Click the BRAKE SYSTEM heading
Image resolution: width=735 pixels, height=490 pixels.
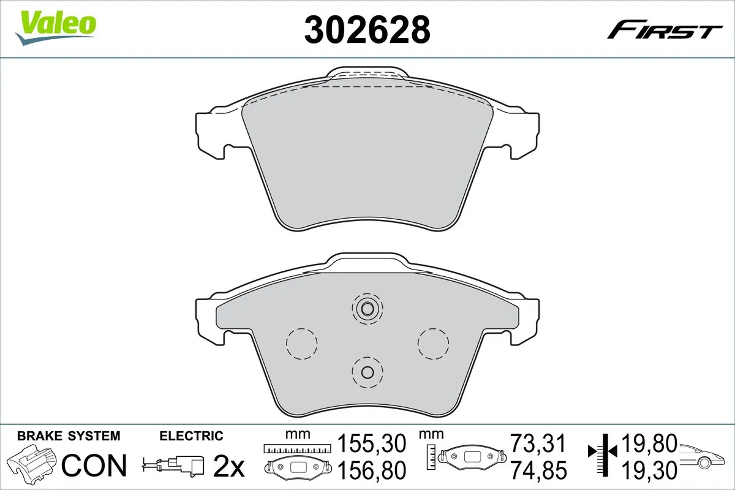(69, 436)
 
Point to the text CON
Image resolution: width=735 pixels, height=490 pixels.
(94, 465)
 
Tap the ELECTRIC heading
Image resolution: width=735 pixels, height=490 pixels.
(191, 436)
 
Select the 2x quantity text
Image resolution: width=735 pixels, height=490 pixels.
(228, 466)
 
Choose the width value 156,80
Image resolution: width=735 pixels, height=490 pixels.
(372, 470)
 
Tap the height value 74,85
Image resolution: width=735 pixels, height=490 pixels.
(538, 470)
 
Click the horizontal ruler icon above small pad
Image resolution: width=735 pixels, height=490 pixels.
(296, 448)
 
